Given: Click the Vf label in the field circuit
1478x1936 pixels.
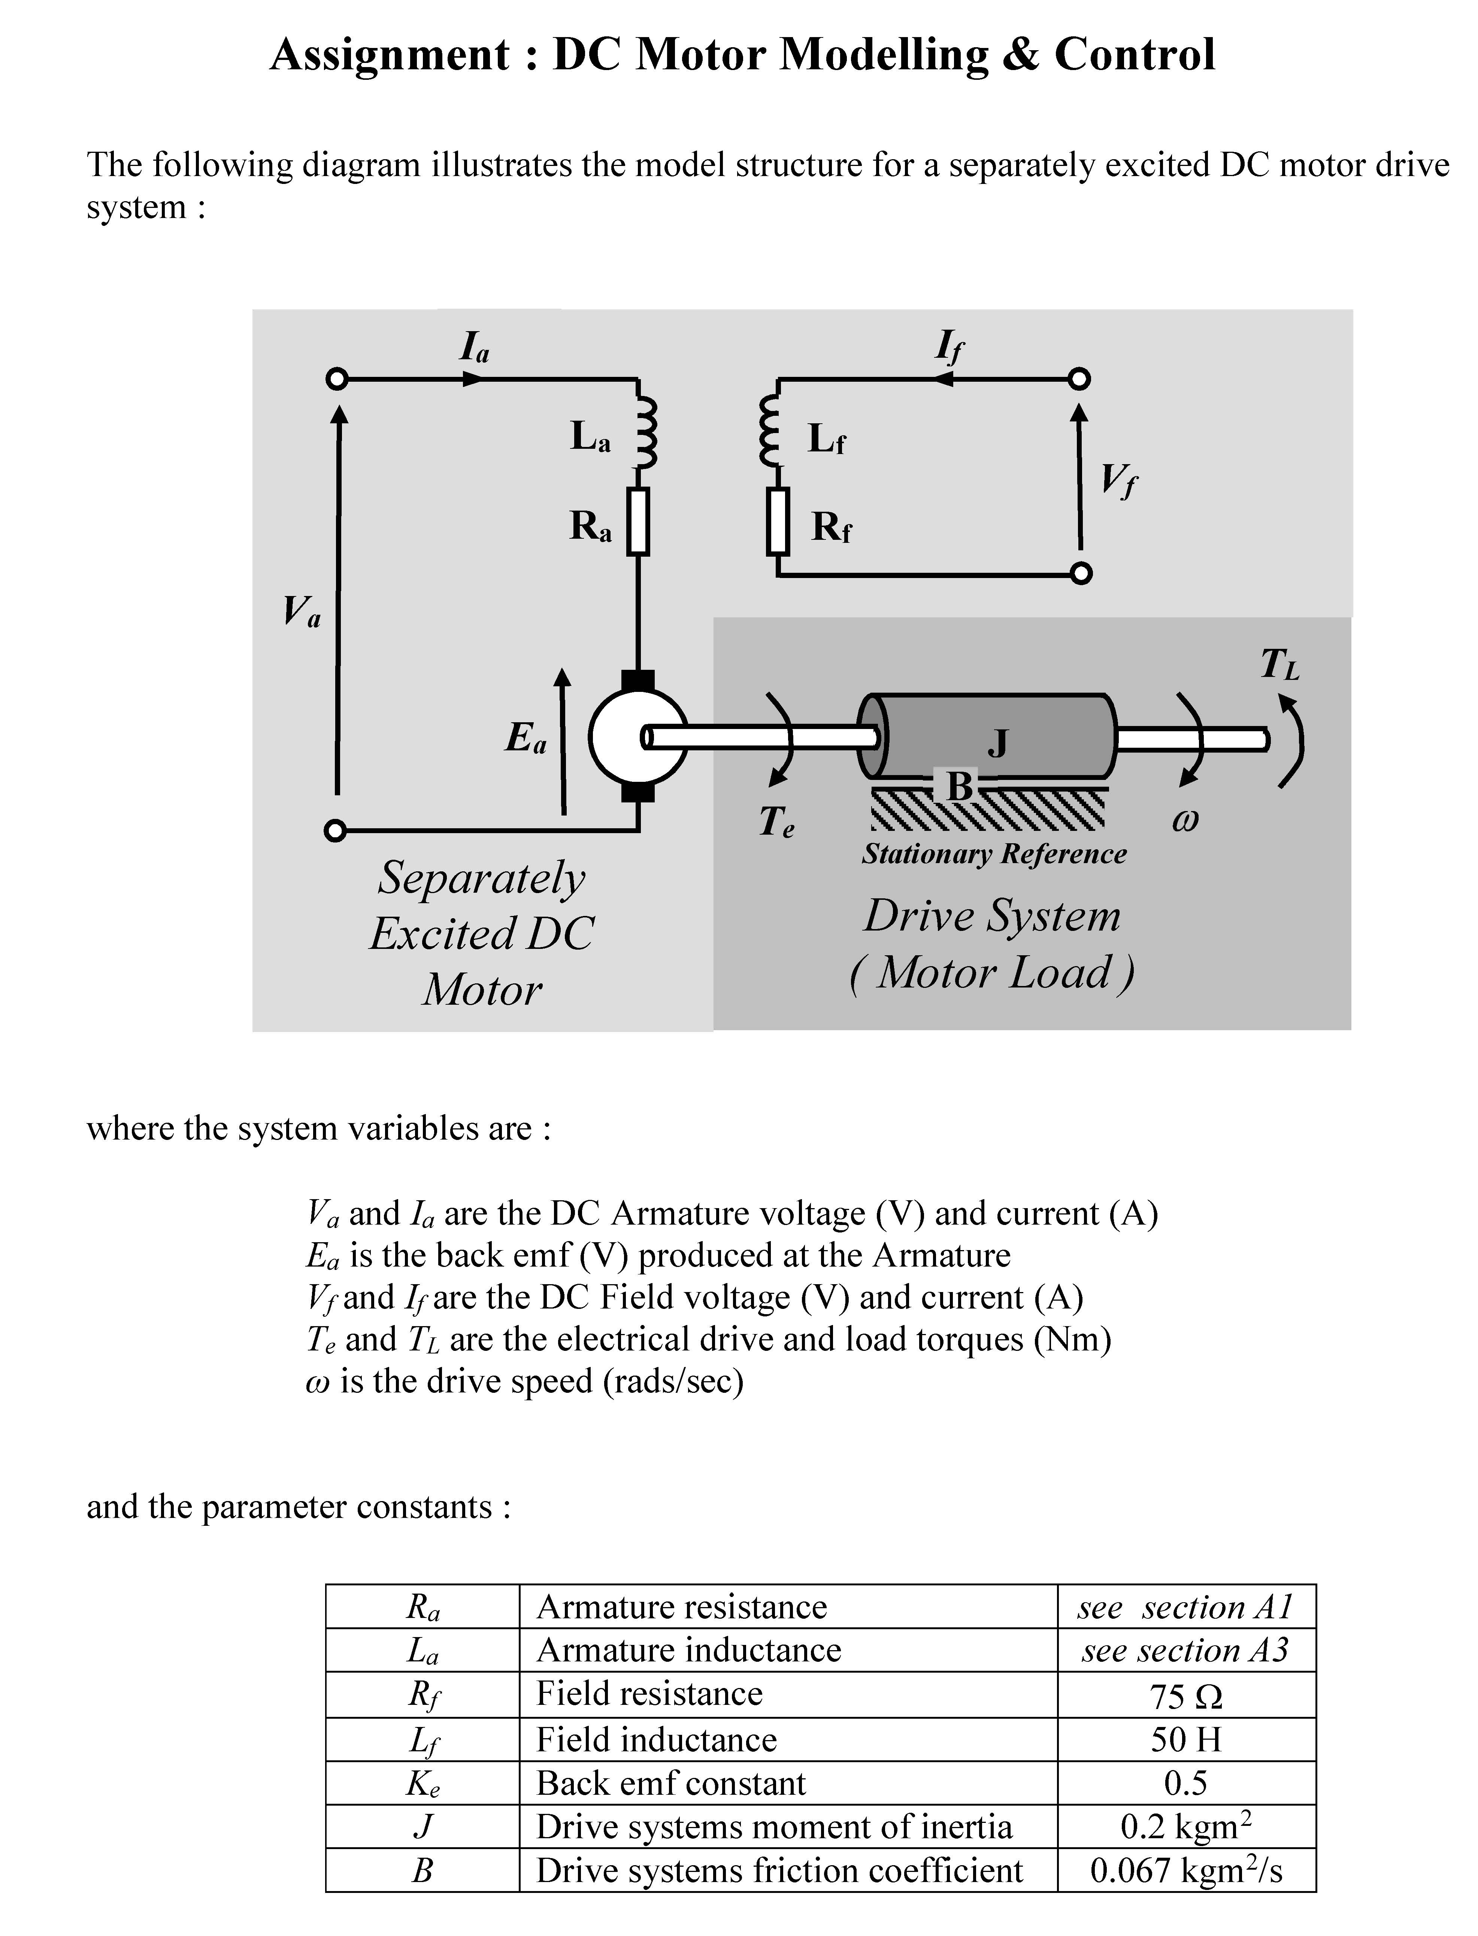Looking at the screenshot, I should click(x=1119, y=481).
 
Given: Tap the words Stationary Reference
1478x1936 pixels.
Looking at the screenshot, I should click(x=994, y=854).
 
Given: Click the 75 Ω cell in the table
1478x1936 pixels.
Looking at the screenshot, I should click(x=1186, y=1695).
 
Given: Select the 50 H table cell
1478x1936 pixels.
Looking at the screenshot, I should click(x=1186, y=1739).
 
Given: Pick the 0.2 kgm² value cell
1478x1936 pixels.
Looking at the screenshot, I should click(x=1186, y=1827).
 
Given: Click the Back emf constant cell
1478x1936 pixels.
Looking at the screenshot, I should click(x=671, y=1783).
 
